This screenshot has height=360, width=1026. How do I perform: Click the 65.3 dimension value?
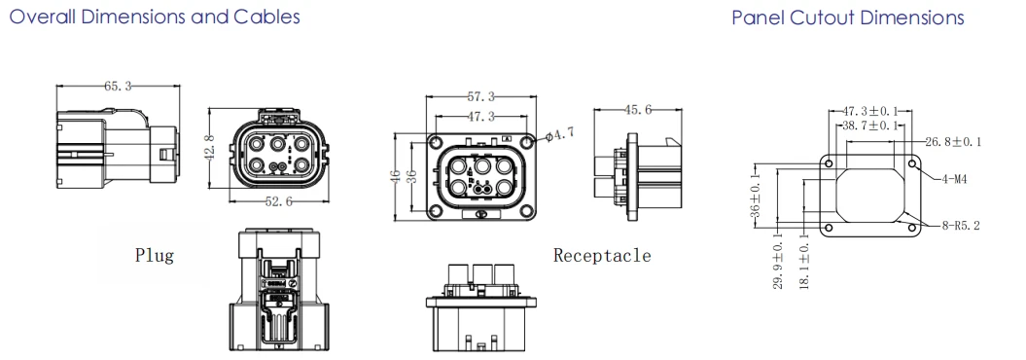click(119, 86)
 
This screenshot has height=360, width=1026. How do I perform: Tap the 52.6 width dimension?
click(279, 202)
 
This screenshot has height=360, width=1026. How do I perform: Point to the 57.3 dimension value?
click(481, 97)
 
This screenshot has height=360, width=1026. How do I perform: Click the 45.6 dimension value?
click(638, 110)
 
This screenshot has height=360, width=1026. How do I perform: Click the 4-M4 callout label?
click(954, 179)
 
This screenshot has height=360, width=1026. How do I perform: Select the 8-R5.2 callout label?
click(961, 226)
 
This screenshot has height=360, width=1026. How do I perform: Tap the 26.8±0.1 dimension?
click(953, 141)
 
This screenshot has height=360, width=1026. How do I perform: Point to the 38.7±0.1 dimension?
click(869, 125)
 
